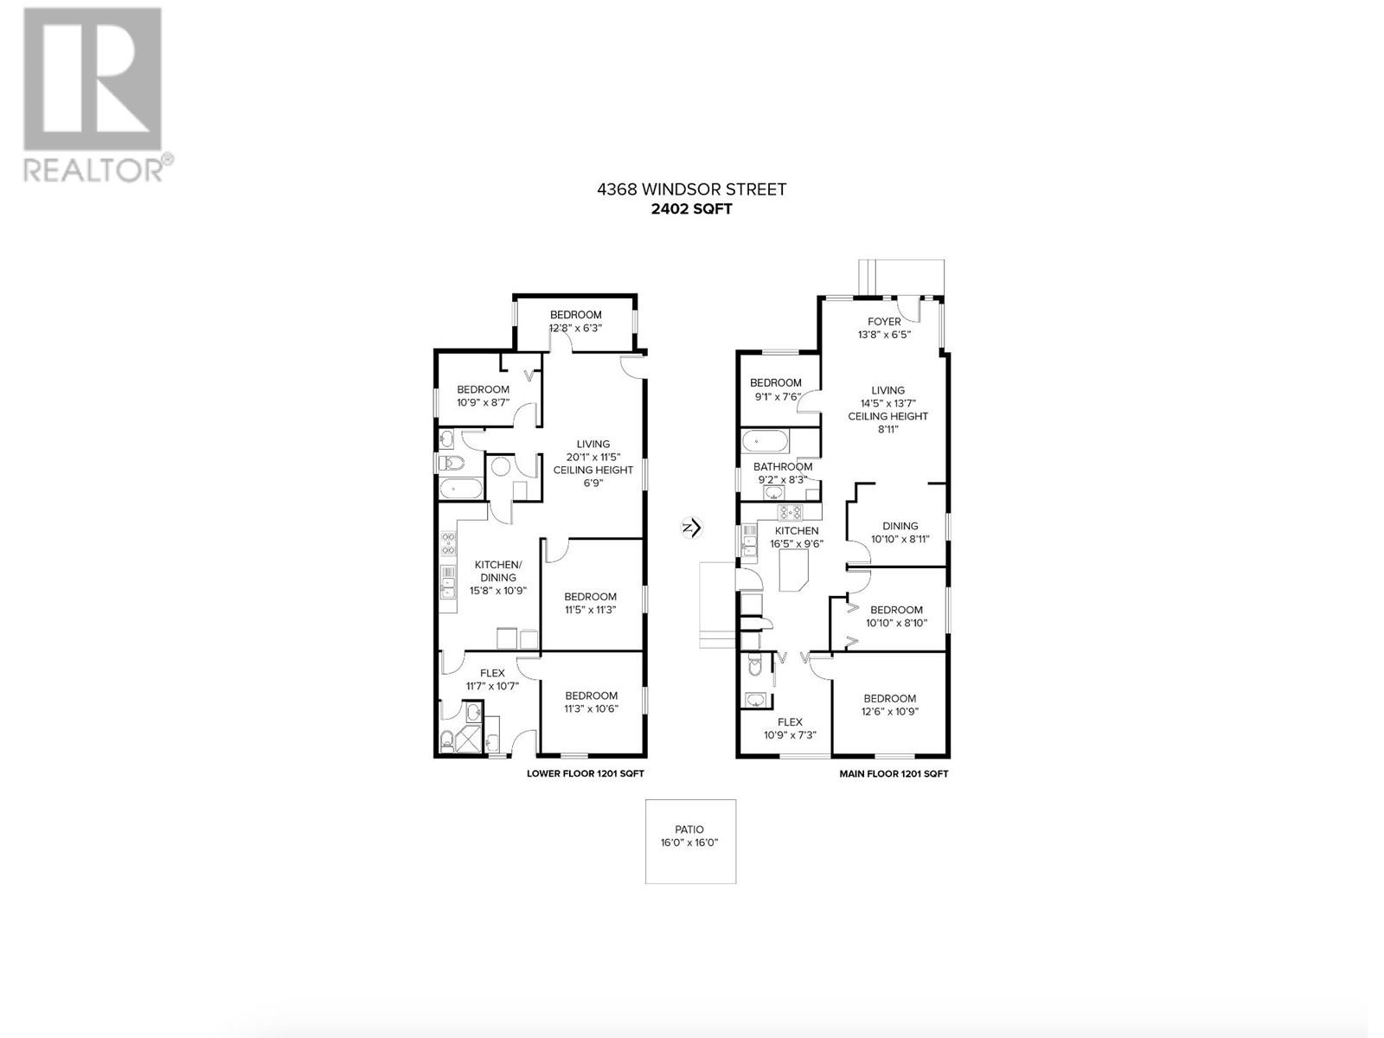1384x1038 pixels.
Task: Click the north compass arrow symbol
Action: click(691, 528)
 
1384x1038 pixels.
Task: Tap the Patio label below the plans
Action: click(689, 836)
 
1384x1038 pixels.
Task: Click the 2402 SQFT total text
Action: click(691, 208)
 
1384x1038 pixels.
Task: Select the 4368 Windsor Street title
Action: click(691, 189)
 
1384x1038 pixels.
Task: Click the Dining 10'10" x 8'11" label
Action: click(900, 532)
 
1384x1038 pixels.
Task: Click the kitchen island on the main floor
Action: click(795, 572)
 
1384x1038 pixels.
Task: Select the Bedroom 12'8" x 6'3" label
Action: click(575, 321)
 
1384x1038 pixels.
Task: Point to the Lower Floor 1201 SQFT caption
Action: click(585, 774)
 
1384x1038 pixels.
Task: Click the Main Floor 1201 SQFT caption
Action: click(894, 774)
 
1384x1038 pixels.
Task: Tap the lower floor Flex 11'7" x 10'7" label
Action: click(491, 679)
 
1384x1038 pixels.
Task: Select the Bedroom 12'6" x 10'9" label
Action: click(889, 705)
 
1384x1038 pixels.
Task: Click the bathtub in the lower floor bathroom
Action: click(460, 490)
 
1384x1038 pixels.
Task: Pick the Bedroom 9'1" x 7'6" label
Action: click(775, 389)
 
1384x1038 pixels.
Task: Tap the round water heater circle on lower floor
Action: click(501, 469)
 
